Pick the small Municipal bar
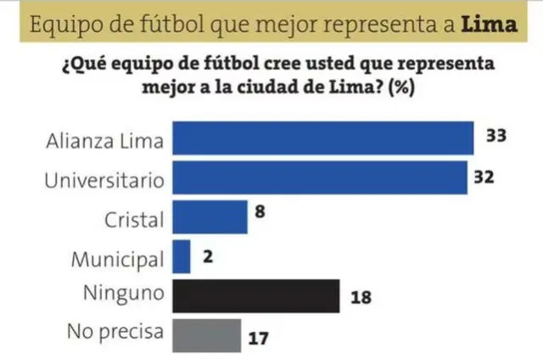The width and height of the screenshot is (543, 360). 181,256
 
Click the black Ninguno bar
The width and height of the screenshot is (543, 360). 255,296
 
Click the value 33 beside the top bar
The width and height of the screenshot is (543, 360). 495,136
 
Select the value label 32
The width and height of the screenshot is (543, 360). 484,178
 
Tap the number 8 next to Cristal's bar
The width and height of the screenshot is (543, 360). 260,213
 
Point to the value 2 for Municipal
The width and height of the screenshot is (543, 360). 206,254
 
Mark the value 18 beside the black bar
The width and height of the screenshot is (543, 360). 361,298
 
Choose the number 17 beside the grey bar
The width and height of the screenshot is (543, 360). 259,338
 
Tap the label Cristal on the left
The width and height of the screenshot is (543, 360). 134,219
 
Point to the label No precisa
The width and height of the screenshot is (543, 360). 114,332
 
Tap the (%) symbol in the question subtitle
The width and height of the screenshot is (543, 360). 400,87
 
